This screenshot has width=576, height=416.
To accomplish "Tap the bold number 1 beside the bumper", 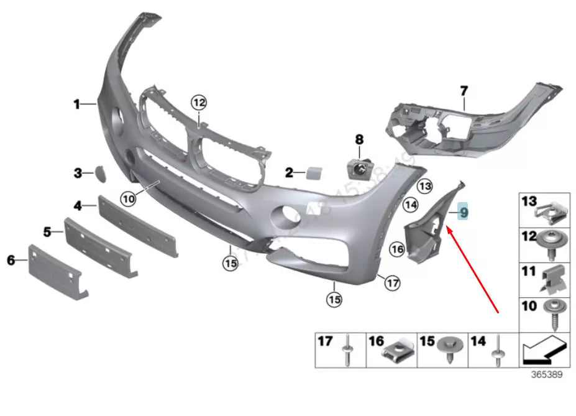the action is coord(77,104).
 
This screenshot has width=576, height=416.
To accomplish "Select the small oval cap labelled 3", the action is coord(99,172).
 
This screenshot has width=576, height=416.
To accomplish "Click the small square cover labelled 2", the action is coord(312,172).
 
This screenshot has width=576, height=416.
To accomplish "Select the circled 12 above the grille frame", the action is coord(198,102).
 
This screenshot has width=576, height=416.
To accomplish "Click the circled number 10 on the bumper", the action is coord(128,199).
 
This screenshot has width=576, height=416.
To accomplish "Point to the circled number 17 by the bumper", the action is coord(391,284).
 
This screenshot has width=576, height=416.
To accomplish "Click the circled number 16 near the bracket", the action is coord(397,249).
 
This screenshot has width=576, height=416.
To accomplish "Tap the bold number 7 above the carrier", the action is coord(464,91).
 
